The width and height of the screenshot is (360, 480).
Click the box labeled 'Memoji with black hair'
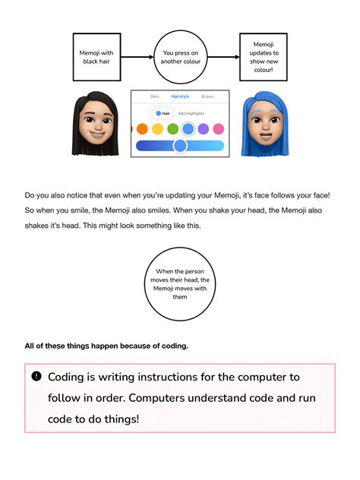click(x=96, y=57)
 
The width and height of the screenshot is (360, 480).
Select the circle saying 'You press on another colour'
click(x=181, y=57)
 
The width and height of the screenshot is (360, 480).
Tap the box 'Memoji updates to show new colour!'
click(x=263, y=57)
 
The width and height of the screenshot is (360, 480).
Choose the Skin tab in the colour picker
click(x=155, y=97)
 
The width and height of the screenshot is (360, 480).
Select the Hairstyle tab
click(x=180, y=97)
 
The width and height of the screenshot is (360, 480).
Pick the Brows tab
click(x=207, y=97)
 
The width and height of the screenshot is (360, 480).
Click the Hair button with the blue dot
click(x=163, y=113)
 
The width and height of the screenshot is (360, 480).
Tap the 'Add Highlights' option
click(x=191, y=113)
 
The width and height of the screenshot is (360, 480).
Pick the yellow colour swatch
click(x=157, y=129)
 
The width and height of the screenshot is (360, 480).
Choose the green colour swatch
click(x=172, y=129)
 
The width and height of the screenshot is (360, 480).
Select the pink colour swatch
click(x=219, y=129)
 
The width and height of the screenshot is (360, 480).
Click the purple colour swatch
click(x=204, y=129)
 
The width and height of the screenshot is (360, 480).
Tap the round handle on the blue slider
click(x=180, y=145)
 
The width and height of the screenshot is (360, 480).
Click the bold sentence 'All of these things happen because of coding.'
click(x=106, y=346)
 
